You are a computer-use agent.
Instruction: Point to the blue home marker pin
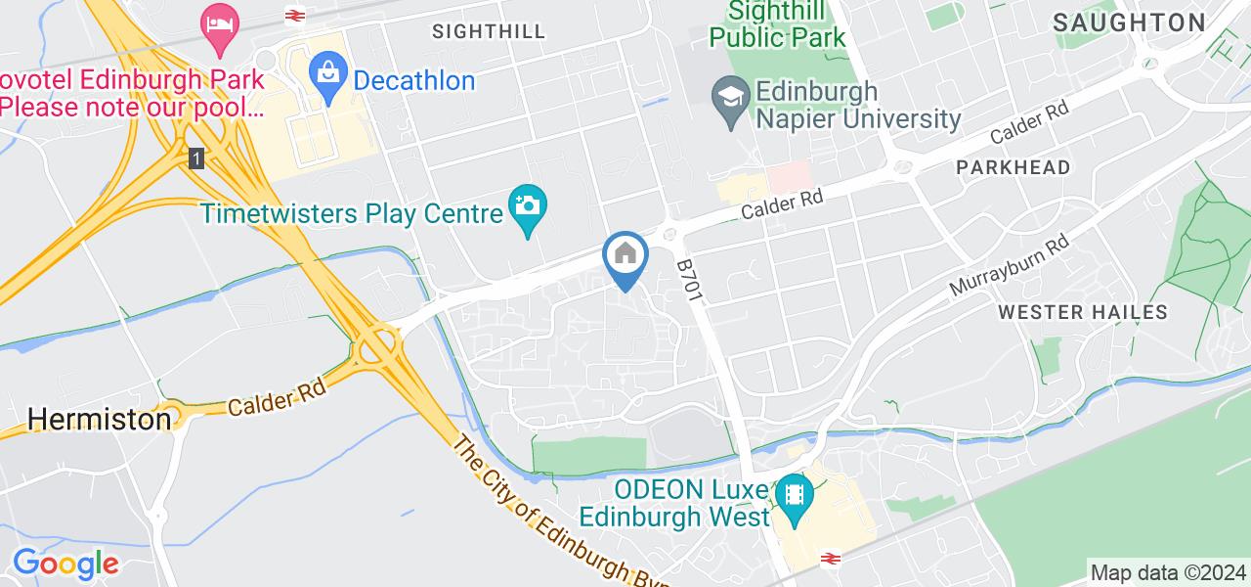click(625, 257)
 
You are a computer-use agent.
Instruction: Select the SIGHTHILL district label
click(489, 31)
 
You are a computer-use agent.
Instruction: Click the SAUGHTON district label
click(1129, 23)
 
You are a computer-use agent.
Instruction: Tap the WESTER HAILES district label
click(1083, 313)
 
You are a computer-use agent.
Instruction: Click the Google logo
click(65, 564)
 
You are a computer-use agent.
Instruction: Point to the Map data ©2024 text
click(1167, 572)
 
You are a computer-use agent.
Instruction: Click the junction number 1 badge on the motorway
click(197, 158)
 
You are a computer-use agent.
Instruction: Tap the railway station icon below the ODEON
click(832, 559)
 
